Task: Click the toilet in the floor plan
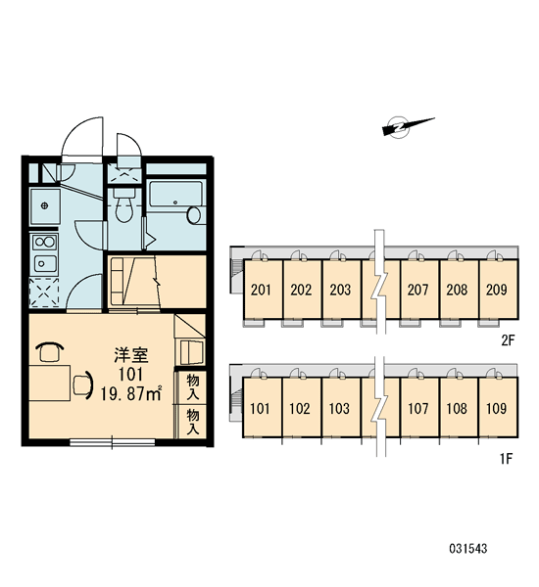tap(123, 205)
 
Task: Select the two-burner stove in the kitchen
tap(45, 243)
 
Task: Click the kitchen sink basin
tap(45, 263)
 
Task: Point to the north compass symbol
tap(408, 126)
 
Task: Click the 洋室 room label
tap(131, 355)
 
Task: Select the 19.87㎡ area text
tap(131, 393)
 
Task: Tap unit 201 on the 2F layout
tap(261, 290)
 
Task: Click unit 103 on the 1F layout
tap(339, 408)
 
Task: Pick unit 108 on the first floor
tap(457, 408)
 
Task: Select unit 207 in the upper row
tap(417, 290)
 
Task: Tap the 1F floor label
tap(506, 458)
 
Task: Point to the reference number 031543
tap(468, 549)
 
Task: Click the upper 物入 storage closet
tap(193, 386)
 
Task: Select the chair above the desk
tap(50, 352)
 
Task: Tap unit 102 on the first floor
tap(300, 408)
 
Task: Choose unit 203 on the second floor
tap(340, 290)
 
